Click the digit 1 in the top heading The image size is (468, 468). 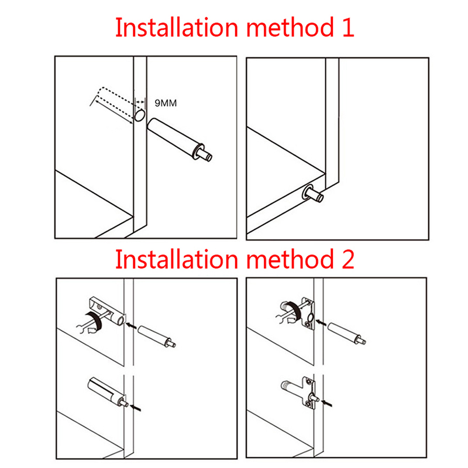pyautogui.click(x=348, y=27)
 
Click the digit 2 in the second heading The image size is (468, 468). pyautogui.click(x=347, y=259)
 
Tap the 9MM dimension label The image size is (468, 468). pyautogui.click(x=166, y=103)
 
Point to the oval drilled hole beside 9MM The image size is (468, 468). pyautogui.click(x=140, y=115)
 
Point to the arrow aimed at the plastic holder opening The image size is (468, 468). pyautogui.click(x=131, y=326)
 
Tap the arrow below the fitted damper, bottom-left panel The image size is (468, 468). pyautogui.click(x=136, y=408)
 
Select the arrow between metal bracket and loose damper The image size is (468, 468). pyautogui.click(x=321, y=323)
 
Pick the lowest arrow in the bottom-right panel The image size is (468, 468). pyautogui.click(x=326, y=404)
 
